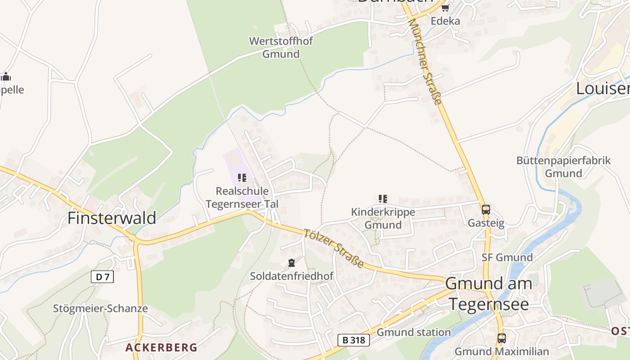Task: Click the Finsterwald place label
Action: point(112,218)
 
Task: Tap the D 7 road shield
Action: point(102,277)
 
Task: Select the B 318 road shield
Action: point(354,340)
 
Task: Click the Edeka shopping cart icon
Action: point(445,8)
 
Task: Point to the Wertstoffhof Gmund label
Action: point(281,48)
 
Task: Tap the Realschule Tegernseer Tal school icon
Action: point(242,178)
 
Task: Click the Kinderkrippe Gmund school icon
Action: point(383,199)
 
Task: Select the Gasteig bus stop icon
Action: point(486,209)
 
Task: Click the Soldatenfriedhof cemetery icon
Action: point(292,262)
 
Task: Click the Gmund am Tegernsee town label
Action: point(489,293)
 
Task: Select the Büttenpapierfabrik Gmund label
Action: point(563,166)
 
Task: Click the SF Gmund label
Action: point(507,257)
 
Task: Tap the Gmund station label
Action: point(414,332)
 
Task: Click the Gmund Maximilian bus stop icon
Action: point(501,338)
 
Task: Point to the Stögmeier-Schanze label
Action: point(100,309)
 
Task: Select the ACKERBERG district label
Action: point(161,347)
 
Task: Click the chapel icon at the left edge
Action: point(5,76)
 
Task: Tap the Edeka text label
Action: point(445,21)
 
